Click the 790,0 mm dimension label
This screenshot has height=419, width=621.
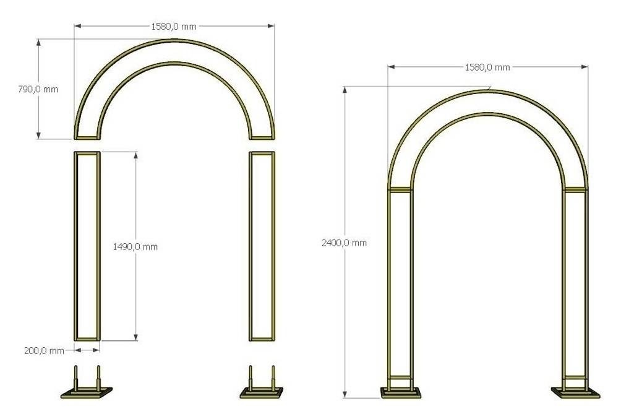(38, 89)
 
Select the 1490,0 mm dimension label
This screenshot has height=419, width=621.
(135, 247)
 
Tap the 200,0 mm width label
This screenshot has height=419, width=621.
(44, 351)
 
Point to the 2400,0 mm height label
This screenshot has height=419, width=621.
(344, 243)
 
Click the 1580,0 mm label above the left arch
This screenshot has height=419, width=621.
(174, 27)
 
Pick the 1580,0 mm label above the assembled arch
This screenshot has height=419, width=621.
(487, 67)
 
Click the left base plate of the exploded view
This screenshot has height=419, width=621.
(87, 392)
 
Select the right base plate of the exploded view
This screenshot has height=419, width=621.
(262, 392)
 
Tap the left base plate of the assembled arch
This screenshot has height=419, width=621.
(401, 393)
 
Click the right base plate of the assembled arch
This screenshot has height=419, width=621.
(575, 393)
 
